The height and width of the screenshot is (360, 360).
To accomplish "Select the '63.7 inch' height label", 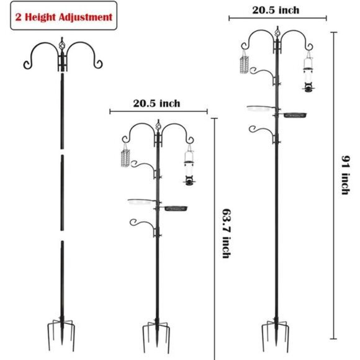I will [225, 232].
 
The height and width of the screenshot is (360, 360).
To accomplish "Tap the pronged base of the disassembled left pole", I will [61, 335].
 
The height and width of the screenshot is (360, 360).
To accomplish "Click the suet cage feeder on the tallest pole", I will [243, 63].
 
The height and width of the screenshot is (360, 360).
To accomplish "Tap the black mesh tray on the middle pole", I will [176, 208].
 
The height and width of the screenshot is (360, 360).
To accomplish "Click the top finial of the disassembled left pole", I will [61, 46].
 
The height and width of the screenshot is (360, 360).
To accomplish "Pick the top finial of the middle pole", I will [158, 126].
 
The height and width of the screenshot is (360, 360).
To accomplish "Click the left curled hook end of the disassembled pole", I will [26, 65].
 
